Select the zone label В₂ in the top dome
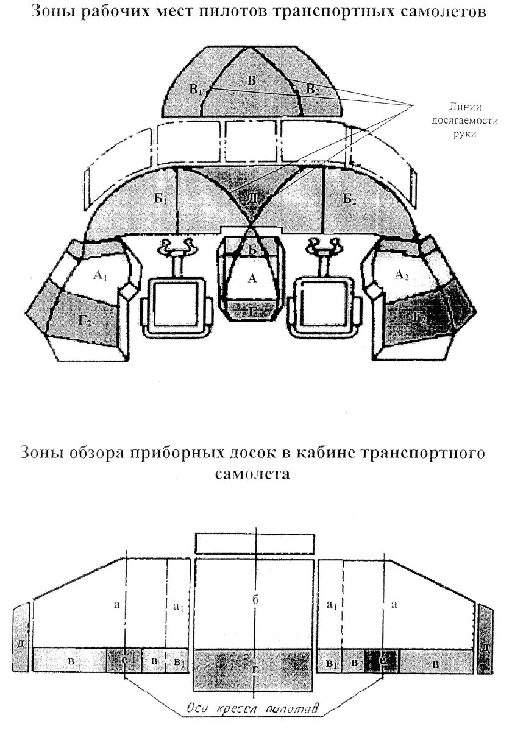pos(312,90)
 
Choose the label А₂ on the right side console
pos(402,275)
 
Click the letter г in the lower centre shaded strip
pos(254,669)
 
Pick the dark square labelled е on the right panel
pos(382,660)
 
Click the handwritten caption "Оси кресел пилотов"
pos(254,709)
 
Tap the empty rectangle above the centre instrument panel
pos(255,543)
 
